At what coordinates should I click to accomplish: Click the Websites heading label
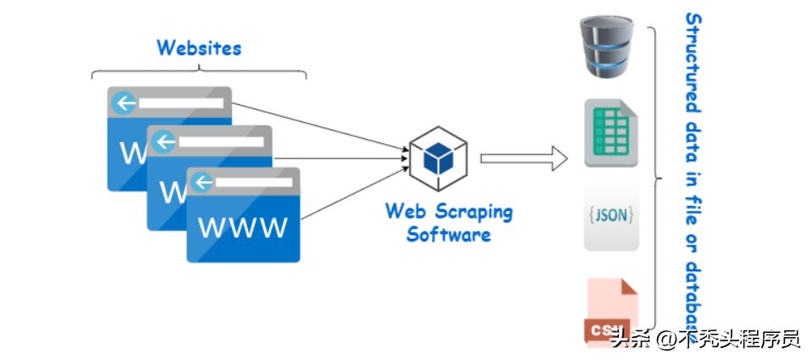pyautogui.click(x=199, y=47)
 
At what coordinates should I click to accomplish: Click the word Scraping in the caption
pyautogui.click(x=476, y=211)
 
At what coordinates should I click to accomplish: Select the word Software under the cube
pyautogui.click(x=449, y=234)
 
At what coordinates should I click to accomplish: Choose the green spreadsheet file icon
pyautogui.click(x=610, y=133)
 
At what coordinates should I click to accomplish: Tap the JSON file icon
pyautogui.click(x=610, y=215)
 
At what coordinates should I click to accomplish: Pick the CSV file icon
pyautogui.click(x=610, y=312)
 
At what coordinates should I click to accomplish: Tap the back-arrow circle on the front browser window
pyautogui.click(x=203, y=182)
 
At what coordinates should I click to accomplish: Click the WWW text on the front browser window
pyautogui.click(x=242, y=228)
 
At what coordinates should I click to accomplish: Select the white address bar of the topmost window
pyautogui.click(x=181, y=103)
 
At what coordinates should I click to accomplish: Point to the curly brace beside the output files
pyautogui.click(x=655, y=178)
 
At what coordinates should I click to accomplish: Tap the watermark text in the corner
pyautogui.click(x=704, y=340)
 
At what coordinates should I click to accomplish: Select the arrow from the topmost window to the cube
pyautogui.click(x=318, y=127)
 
